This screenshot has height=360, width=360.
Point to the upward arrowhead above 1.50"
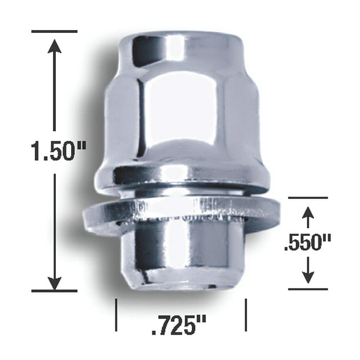coord(55,46)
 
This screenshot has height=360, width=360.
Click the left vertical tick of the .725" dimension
coord(116,315)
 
